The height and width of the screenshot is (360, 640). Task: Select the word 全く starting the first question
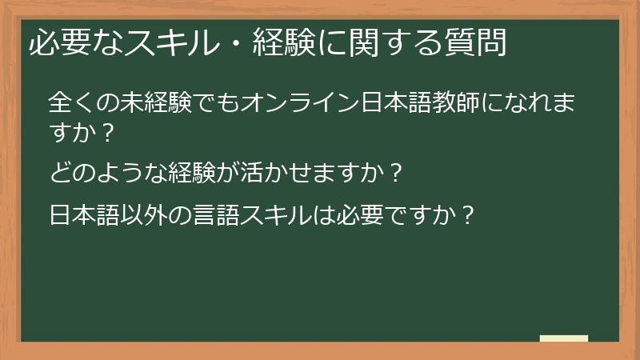(70, 103)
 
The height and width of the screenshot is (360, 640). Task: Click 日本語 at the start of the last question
(83, 215)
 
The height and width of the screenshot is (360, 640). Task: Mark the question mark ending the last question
(468, 215)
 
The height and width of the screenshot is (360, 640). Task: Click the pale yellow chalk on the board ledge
(564, 338)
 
